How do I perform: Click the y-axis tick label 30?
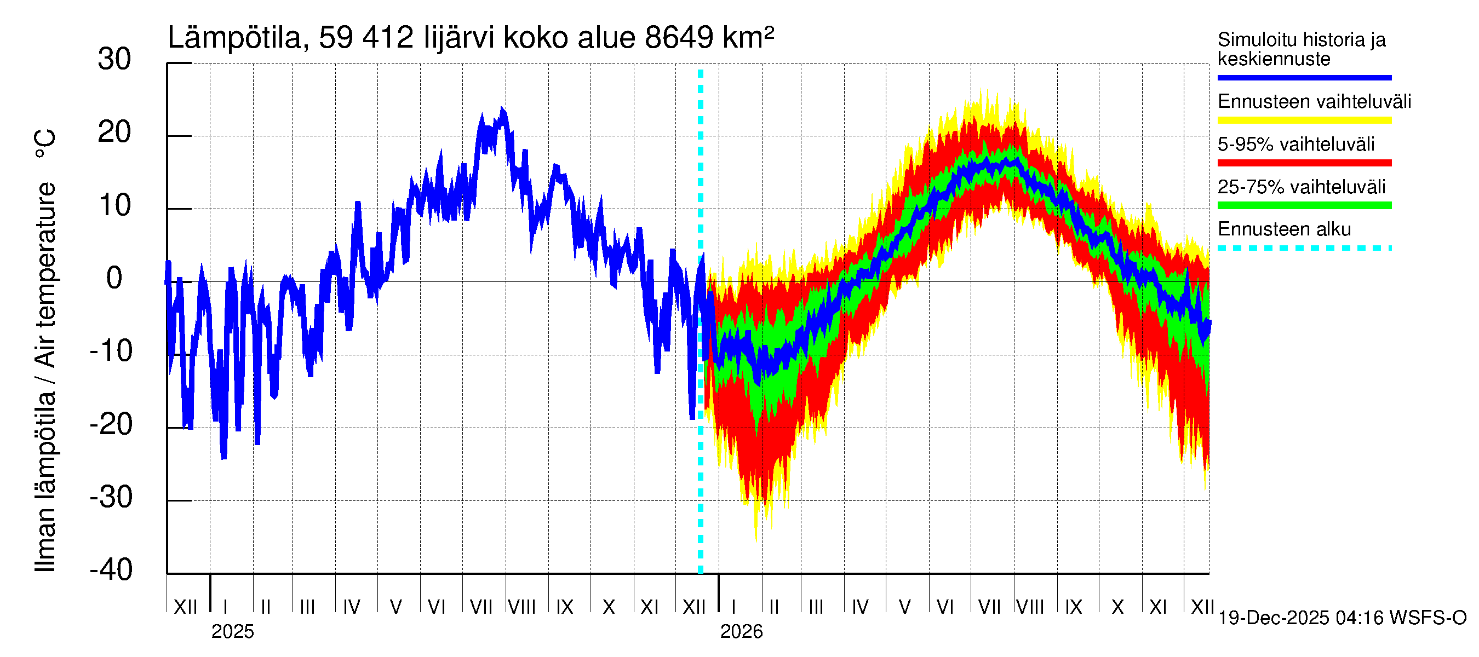(114, 60)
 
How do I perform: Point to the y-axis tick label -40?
(111, 570)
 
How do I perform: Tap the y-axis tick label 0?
(114, 278)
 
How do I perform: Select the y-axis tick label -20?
(111, 425)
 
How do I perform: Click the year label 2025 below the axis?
(232, 632)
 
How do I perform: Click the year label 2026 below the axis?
(741, 632)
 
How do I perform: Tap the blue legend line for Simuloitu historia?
(1304, 77)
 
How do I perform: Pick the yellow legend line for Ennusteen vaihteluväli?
(1304, 120)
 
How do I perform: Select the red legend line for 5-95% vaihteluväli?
(1304, 163)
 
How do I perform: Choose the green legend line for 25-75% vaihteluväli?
(1304, 205)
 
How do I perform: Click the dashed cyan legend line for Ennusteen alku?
(1304, 249)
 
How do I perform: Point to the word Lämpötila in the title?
(235, 38)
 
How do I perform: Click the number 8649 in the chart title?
(679, 38)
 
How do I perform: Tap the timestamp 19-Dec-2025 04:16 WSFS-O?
(1342, 618)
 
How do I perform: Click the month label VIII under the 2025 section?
(522, 607)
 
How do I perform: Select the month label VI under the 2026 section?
(944, 607)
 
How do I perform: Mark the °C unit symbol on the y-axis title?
(45, 144)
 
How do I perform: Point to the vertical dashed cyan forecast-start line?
(701, 402)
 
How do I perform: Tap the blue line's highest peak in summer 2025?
(502, 109)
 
